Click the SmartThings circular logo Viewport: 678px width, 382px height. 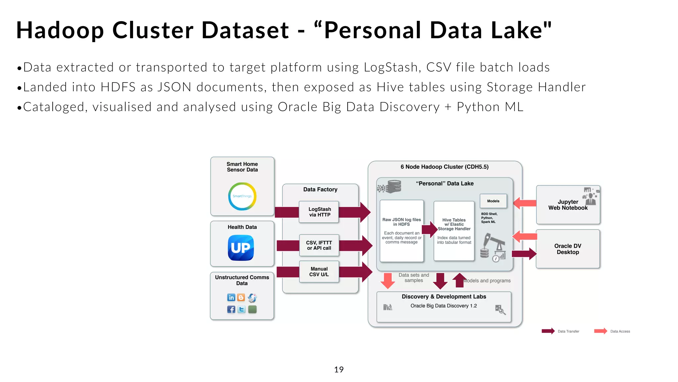point(242,196)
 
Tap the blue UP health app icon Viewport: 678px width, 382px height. point(241,248)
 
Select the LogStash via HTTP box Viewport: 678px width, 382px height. point(319,212)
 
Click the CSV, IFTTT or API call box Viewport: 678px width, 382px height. point(319,245)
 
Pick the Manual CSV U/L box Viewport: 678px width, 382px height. point(319,272)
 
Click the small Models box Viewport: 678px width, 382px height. point(493,201)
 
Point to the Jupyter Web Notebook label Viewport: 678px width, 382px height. point(568,205)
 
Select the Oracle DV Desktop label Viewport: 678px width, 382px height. point(567,249)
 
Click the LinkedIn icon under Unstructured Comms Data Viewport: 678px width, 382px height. point(231,297)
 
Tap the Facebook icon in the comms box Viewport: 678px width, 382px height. point(231,309)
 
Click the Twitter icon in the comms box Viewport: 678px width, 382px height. point(242,309)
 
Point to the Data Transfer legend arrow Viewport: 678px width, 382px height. point(548,331)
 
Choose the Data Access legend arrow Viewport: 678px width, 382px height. point(600,331)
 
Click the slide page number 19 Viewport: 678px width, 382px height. point(339,369)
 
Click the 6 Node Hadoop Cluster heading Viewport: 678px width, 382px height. point(444,167)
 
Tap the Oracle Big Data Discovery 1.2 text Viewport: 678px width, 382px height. point(444,306)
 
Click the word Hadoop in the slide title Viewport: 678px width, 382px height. point(60,30)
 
